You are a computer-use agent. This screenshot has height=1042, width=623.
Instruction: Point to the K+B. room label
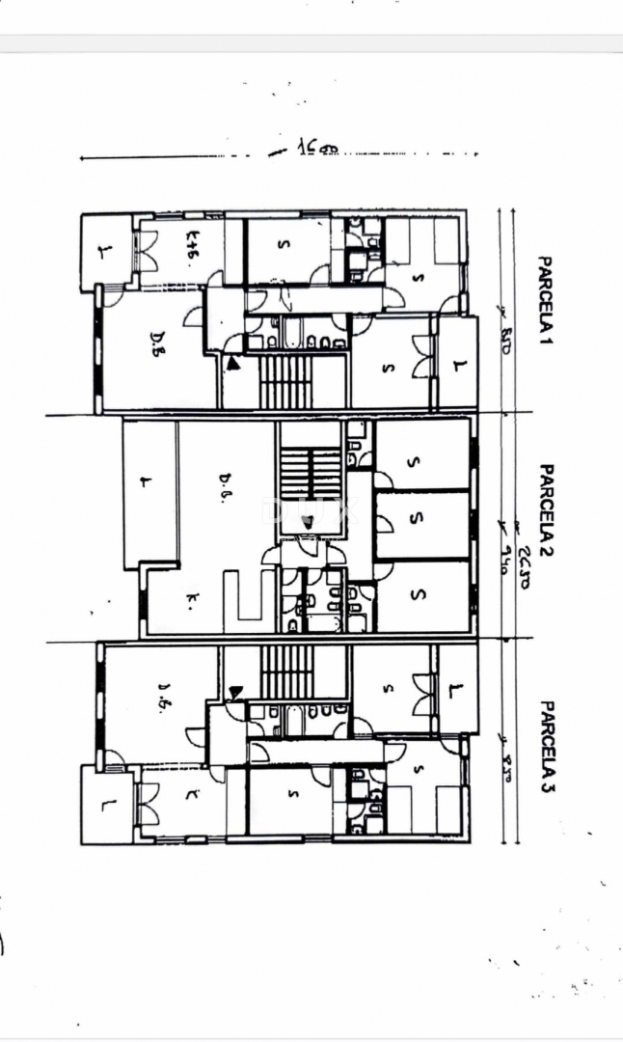[x=193, y=248]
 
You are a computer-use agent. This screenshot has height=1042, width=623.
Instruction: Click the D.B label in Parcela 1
[x=158, y=350]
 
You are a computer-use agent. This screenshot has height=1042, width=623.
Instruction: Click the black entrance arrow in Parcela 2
[x=306, y=522]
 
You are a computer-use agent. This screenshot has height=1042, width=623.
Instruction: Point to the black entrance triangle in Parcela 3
[x=234, y=691]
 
